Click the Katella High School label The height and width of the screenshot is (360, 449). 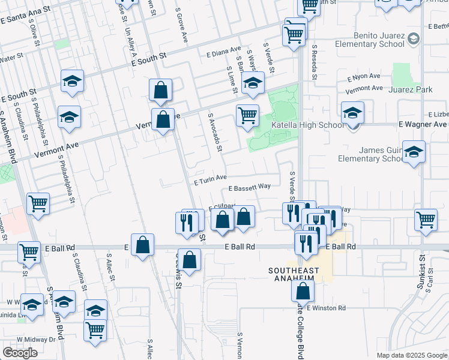(x=309, y=125)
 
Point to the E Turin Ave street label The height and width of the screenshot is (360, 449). (x=209, y=178)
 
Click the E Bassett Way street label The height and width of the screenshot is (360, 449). (x=249, y=187)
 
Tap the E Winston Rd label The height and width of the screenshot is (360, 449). (x=326, y=308)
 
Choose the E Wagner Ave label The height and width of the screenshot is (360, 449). (x=423, y=124)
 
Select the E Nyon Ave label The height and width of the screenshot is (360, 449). (x=364, y=77)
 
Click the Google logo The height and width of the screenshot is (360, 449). (x=20, y=352)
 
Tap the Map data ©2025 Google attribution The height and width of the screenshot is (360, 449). (x=411, y=355)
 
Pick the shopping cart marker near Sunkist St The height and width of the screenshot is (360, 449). (x=426, y=220)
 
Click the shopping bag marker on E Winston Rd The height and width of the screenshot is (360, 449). (x=304, y=292)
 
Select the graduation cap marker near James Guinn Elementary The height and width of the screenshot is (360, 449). (x=414, y=152)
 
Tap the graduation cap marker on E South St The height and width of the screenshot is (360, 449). (x=71, y=81)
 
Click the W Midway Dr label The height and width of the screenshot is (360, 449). (x=36, y=339)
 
